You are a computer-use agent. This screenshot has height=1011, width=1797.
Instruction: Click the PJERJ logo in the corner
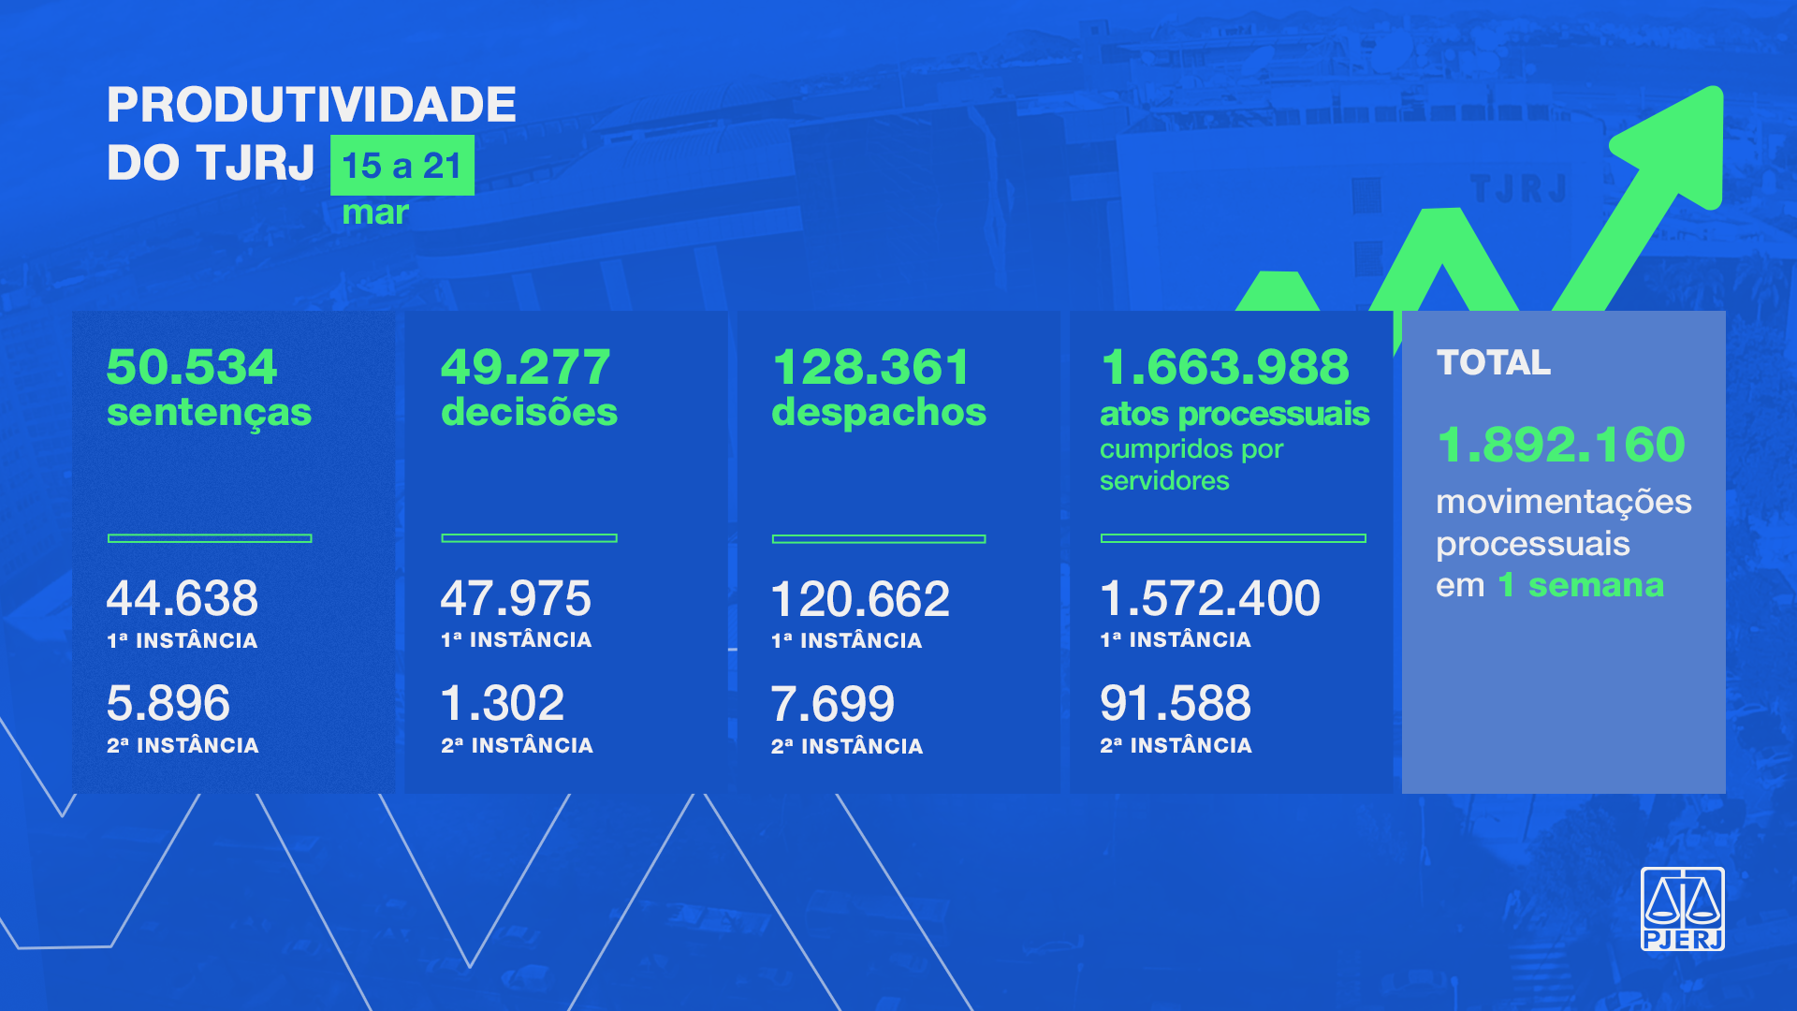(x=1682, y=909)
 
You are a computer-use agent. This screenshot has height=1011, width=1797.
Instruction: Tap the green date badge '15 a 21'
(x=402, y=166)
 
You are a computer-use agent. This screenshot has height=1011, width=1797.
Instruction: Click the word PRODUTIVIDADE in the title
(x=311, y=104)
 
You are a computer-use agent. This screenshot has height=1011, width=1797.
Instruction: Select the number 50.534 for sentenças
(x=192, y=366)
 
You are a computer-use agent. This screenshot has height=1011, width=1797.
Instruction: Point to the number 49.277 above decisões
(x=525, y=366)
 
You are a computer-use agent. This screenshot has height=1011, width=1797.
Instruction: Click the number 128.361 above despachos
(x=870, y=366)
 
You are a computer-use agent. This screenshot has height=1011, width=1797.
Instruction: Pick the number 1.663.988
(x=1224, y=366)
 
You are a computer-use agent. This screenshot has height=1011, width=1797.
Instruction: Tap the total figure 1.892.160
(x=1560, y=444)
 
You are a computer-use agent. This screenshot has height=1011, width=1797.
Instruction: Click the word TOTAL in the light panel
(x=1493, y=362)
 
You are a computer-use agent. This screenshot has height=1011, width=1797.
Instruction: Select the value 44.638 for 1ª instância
(x=183, y=598)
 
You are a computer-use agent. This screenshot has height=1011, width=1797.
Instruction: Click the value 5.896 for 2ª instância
(x=168, y=703)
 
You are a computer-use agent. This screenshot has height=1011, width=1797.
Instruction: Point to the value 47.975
(x=516, y=598)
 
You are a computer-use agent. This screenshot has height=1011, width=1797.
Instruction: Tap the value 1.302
(x=503, y=703)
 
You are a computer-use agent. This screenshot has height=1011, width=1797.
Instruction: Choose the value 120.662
(x=860, y=599)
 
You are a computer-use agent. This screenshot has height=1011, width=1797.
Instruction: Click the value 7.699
(x=833, y=704)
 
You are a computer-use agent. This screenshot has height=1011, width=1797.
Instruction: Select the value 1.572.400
(x=1210, y=598)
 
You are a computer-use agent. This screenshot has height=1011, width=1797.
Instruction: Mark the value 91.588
(x=1176, y=703)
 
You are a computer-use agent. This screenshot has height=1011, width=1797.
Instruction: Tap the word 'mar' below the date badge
(x=375, y=212)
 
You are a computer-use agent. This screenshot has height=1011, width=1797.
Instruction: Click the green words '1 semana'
(x=1581, y=585)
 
